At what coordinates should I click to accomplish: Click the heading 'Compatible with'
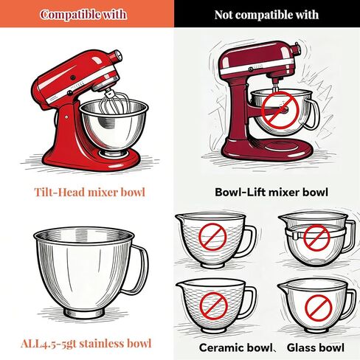pyautogui.click(x=83, y=15)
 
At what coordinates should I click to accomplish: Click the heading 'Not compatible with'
pyautogui.click(x=266, y=15)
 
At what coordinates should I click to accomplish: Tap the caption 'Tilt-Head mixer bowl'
pyautogui.click(x=90, y=192)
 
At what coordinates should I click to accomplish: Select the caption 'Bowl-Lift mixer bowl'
pyautogui.click(x=271, y=192)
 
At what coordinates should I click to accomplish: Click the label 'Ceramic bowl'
pyautogui.click(x=235, y=347)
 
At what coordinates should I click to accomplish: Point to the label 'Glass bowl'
pyautogui.click(x=316, y=347)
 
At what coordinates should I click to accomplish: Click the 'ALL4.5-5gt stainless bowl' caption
pyautogui.click(x=86, y=343)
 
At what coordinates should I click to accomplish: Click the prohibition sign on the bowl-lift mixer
pyautogui.click(x=280, y=110)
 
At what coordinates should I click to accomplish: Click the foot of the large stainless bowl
pyautogui.click(x=84, y=312)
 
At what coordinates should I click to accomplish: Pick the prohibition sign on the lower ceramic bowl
pyautogui.click(x=213, y=306)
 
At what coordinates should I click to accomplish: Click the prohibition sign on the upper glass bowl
pyautogui.click(x=316, y=238)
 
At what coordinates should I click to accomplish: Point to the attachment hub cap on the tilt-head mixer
pyautogui.click(x=117, y=56)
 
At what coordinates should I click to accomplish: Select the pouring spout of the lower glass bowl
pyautogui.click(x=283, y=286)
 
